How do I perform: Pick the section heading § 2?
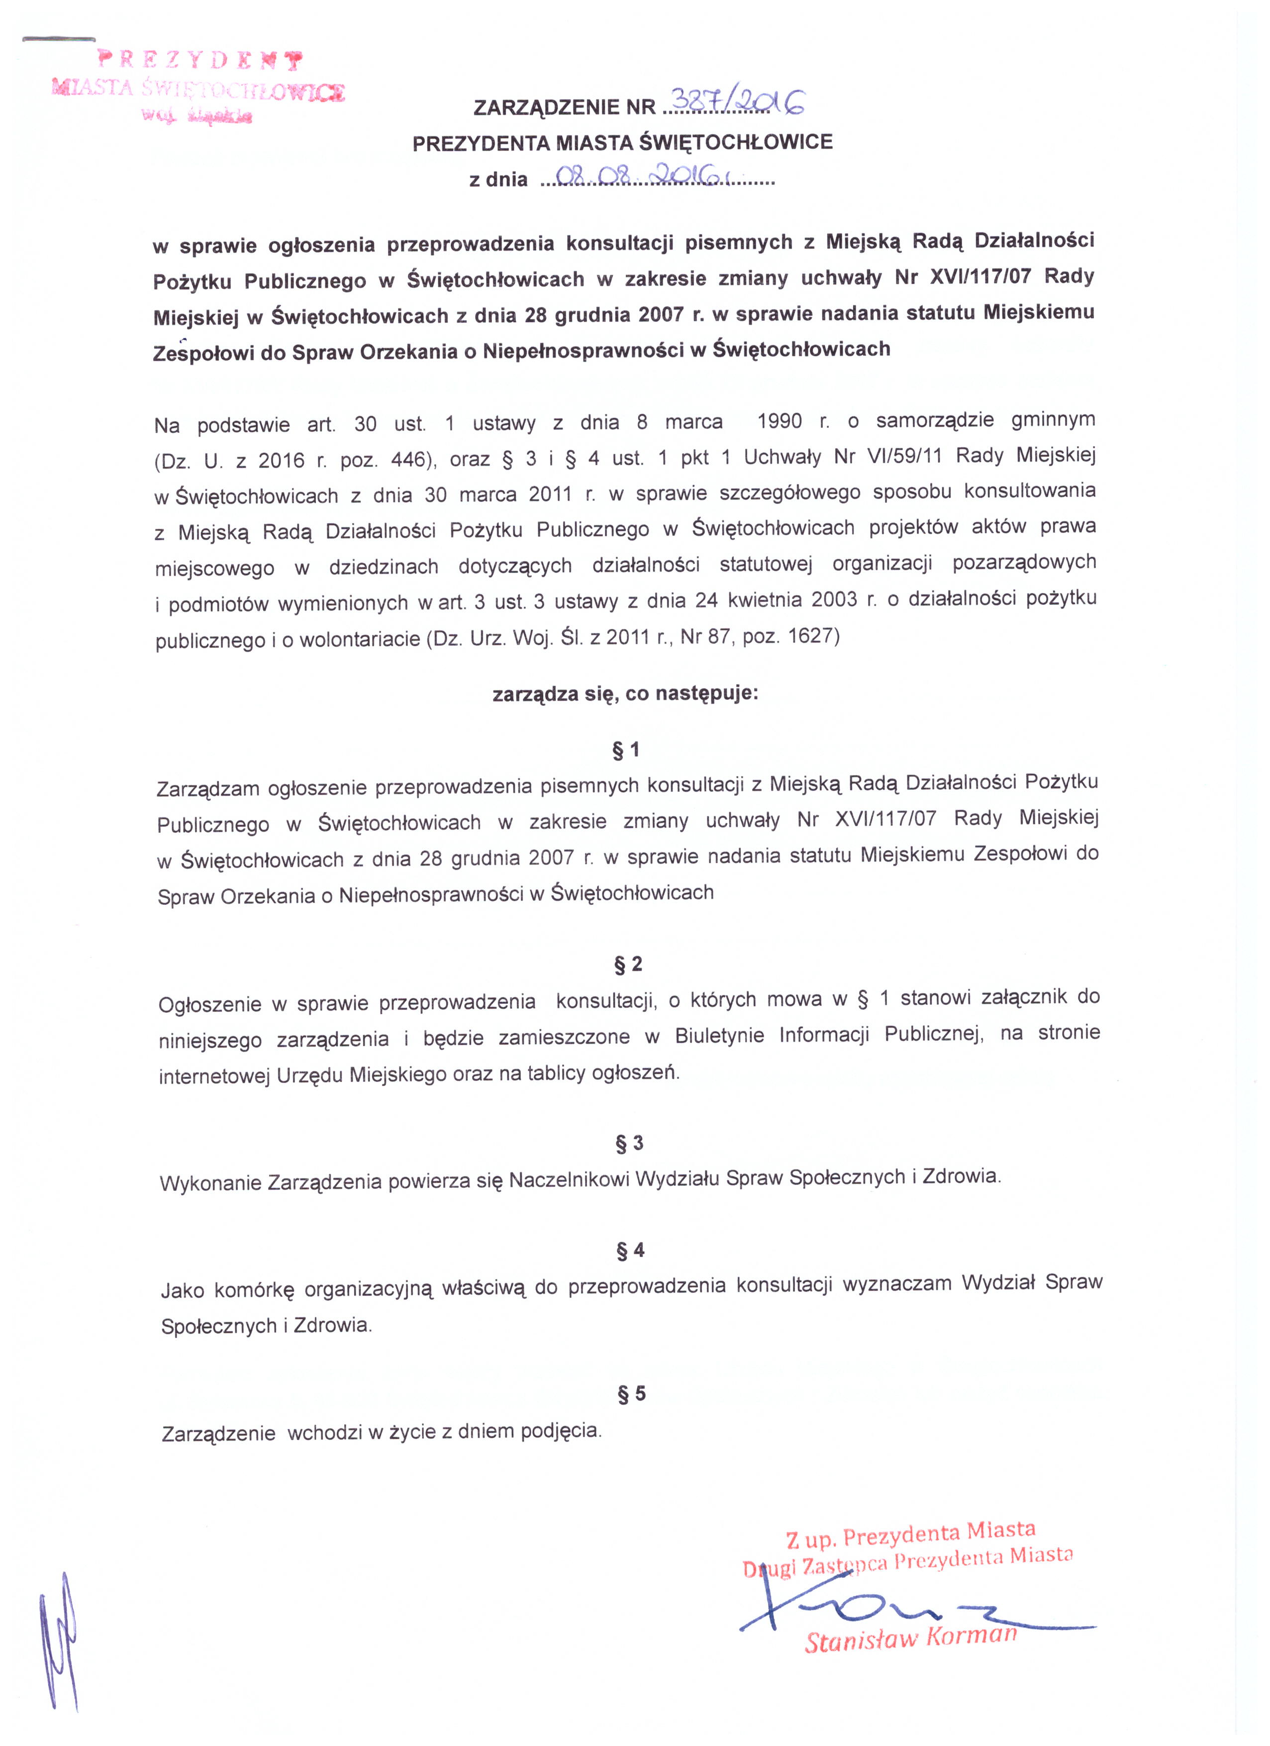(x=627, y=964)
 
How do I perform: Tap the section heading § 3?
(x=629, y=1143)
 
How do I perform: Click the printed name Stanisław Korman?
(x=910, y=1638)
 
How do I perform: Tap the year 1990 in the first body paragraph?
(x=779, y=422)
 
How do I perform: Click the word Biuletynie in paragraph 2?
(x=719, y=1036)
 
